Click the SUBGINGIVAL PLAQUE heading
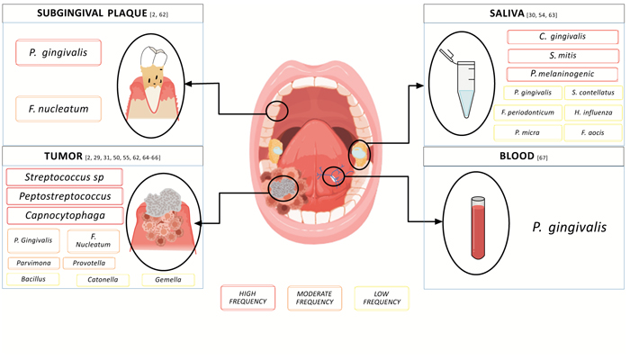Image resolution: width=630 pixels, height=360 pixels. pos(85,13)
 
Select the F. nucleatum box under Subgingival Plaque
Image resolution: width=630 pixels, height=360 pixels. pos(58,110)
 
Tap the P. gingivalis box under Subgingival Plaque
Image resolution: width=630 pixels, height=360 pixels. pos(58,53)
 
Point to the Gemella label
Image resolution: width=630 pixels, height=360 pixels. pos(166,280)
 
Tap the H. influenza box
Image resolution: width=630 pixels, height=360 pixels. pos(589,112)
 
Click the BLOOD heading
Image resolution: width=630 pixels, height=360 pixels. pos(484,157)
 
